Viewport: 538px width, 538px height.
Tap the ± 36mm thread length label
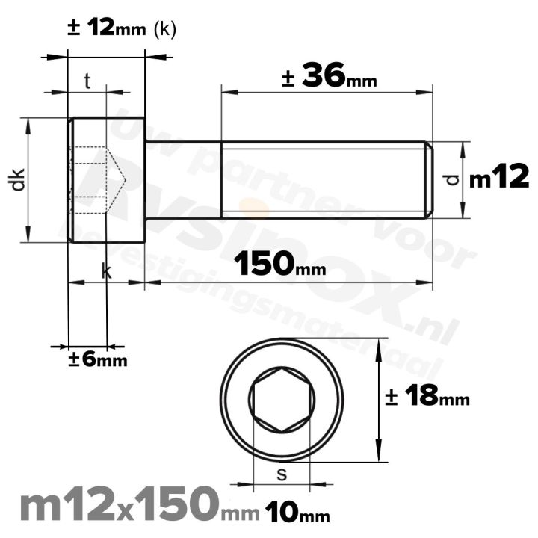pos(329,76)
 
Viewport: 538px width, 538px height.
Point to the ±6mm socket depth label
pos(97,359)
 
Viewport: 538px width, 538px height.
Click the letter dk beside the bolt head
pos(19,180)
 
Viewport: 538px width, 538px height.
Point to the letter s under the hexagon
pos(281,472)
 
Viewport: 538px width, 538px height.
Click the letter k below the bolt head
pos(106,272)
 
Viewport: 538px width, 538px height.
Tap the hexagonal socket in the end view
pos(282,400)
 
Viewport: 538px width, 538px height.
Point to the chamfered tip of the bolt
pos(429,179)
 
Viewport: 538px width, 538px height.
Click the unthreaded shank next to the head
pos(182,179)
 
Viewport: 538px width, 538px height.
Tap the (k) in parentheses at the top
pos(164,30)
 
